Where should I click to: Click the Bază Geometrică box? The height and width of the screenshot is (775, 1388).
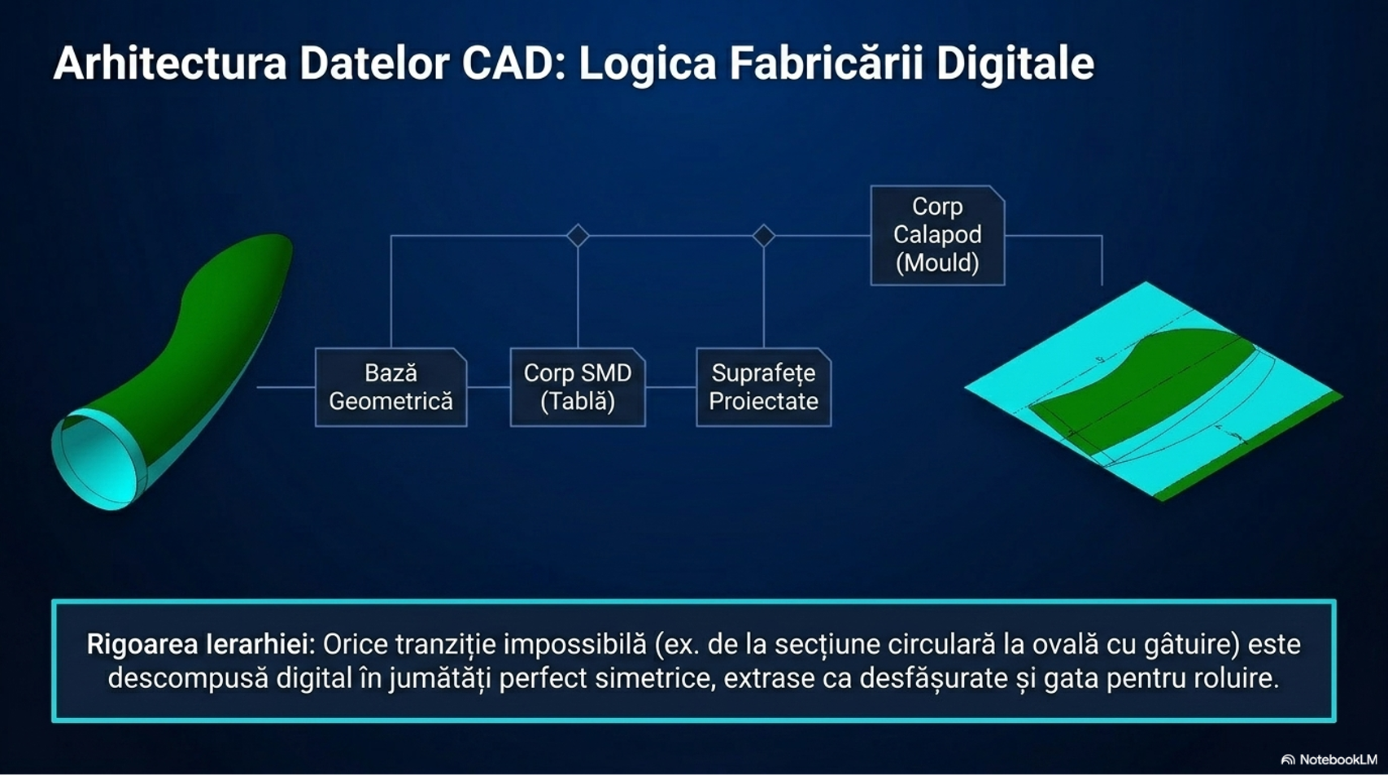pos(391,387)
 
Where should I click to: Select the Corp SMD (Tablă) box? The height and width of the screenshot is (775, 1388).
pos(578,387)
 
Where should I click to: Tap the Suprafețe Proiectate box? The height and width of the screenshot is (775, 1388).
pos(763,387)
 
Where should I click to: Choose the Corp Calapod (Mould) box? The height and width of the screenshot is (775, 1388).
pos(937,235)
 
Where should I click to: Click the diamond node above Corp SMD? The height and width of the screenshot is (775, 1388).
pos(578,235)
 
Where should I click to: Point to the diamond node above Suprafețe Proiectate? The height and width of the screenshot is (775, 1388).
pos(763,235)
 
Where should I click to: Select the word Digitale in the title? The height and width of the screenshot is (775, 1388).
pos(1015,64)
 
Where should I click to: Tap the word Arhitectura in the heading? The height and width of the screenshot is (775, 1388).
pos(170,63)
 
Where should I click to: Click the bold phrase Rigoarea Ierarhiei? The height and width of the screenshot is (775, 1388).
pos(201,644)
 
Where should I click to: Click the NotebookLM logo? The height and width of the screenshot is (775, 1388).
pos(1329,760)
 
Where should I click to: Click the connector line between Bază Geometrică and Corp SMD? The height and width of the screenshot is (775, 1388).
pos(488,387)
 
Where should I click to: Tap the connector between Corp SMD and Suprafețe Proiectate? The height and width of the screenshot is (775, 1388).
pos(671,387)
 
